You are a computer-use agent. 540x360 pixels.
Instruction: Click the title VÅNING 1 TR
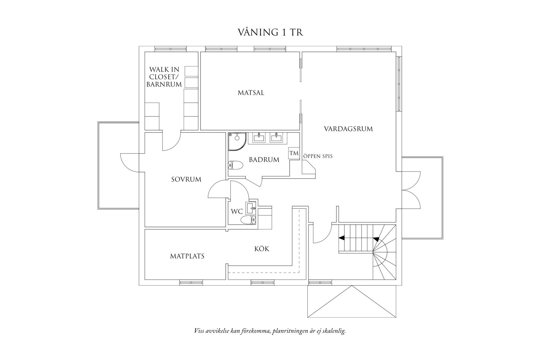click(x=270, y=32)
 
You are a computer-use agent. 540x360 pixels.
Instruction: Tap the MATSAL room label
click(x=251, y=93)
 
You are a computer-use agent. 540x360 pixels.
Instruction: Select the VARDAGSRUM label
click(x=348, y=129)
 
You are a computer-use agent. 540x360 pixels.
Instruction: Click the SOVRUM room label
click(x=186, y=180)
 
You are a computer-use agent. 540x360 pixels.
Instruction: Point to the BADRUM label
click(x=264, y=160)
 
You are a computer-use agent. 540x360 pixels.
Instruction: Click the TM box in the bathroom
click(x=294, y=153)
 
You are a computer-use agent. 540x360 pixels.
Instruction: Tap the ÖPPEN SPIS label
click(x=318, y=156)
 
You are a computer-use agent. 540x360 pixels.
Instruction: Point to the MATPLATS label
click(x=187, y=256)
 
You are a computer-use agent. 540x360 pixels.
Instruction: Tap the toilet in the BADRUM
click(x=236, y=166)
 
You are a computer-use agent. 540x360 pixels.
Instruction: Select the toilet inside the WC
click(x=248, y=220)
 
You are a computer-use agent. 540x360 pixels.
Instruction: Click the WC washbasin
click(x=251, y=208)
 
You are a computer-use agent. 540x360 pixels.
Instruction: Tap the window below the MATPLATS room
click(x=191, y=283)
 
